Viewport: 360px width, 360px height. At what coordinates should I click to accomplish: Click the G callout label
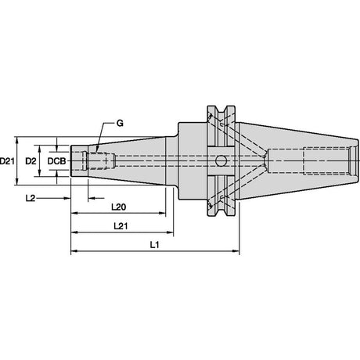[120, 123]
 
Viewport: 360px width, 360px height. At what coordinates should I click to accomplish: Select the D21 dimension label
[7, 161]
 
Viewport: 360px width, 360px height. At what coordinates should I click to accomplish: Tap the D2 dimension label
[31, 161]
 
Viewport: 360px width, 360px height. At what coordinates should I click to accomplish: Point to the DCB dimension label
[56, 161]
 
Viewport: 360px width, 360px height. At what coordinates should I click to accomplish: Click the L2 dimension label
[31, 198]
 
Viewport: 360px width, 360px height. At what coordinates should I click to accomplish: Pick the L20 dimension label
[119, 207]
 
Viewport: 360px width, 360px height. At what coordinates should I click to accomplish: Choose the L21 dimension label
[121, 226]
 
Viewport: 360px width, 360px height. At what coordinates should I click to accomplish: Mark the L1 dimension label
[155, 245]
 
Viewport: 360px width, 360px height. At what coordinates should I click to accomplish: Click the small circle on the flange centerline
[221, 161]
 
